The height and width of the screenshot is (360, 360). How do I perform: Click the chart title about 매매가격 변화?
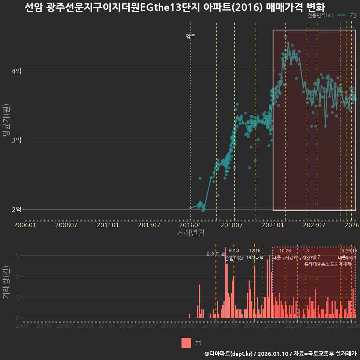point(175,7)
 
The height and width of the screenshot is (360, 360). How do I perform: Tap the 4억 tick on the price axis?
point(16,71)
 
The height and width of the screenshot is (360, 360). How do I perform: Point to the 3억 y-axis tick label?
point(16,140)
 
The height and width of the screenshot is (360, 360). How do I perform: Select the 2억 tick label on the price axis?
point(16,209)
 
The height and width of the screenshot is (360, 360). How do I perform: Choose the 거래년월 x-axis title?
point(190,233)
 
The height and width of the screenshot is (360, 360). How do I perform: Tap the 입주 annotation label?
point(190,36)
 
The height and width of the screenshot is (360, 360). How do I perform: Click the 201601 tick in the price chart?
point(190,225)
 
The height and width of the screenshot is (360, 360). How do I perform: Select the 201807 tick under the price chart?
point(231,225)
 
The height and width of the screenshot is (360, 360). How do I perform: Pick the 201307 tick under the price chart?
point(149,225)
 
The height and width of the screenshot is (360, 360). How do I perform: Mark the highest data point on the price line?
point(285,36)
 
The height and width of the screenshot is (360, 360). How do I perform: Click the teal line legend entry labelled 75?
point(347,15)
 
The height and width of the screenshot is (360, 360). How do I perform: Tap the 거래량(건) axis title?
point(6,282)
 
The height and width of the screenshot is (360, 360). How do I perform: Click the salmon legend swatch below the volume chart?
point(186,343)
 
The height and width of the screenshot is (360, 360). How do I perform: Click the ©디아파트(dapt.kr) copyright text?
point(229,354)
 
